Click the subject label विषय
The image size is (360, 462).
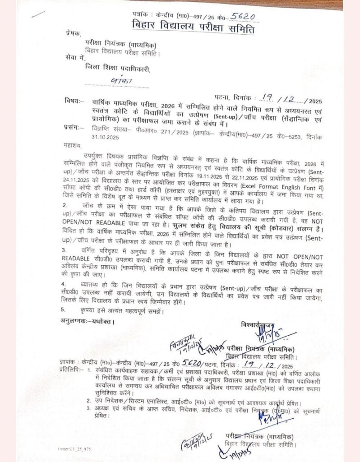tap(74, 102)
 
